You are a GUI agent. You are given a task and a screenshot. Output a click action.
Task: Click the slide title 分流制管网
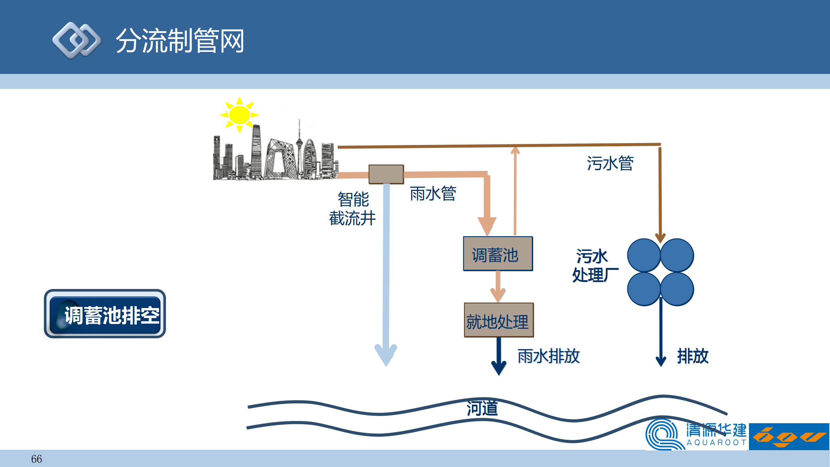tap(180, 41)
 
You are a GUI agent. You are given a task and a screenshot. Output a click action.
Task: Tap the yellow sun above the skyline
tap(239, 115)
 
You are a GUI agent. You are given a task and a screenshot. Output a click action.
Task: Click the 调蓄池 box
tap(498, 254)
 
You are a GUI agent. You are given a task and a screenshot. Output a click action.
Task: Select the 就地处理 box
tap(499, 320)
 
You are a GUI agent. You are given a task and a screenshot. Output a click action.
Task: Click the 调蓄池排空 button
tap(105, 315)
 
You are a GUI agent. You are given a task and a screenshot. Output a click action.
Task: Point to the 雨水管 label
tap(433, 194)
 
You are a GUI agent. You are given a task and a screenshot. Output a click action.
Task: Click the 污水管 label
tap(610, 163)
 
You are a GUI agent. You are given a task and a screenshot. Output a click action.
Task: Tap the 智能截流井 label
tap(353, 209)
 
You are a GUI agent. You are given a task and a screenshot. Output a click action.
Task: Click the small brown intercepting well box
tap(386, 174)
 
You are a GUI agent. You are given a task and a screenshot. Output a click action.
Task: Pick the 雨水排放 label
tap(548, 356)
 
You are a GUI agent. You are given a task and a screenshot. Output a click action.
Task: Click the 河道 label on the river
tap(482, 408)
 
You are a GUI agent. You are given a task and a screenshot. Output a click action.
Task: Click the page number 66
tap(36, 459)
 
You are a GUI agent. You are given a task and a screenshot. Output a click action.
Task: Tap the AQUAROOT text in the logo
tap(716, 442)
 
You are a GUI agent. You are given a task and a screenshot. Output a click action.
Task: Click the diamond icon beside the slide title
tap(77, 41)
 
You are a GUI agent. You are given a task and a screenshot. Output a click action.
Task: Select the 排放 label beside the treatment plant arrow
tap(693, 356)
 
